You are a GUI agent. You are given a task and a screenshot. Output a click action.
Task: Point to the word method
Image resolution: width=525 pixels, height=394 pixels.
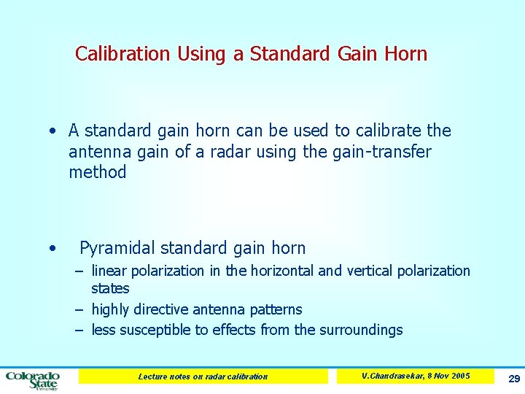pos(98,173)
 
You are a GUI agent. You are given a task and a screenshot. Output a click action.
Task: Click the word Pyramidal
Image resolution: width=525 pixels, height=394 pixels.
pos(117,248)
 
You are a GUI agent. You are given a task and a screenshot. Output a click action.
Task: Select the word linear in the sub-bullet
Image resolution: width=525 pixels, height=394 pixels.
pos(109,271)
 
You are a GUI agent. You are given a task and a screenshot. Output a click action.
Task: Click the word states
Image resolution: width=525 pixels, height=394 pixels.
pos(110,289)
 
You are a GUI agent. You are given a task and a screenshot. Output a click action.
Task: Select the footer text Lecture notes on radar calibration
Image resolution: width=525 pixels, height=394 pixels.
pos(203,376)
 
